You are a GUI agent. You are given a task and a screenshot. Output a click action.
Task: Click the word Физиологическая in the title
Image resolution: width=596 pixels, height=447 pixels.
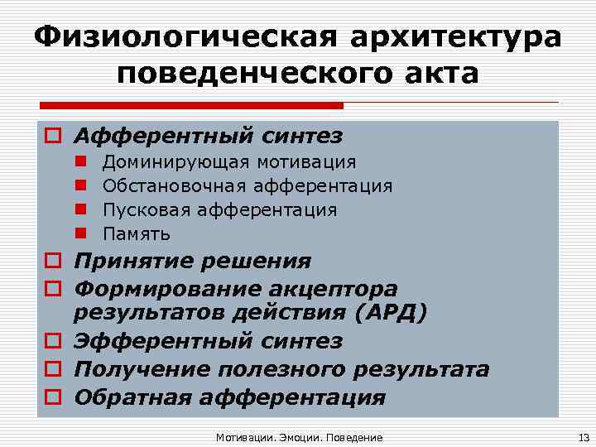[174, 37]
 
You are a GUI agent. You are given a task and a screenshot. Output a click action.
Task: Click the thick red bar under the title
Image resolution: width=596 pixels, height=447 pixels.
[190, 106]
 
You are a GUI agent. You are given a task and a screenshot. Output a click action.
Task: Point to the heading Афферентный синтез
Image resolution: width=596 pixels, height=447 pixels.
[208, 135]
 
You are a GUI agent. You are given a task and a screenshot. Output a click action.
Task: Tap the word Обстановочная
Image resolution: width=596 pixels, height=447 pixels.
[175, 186]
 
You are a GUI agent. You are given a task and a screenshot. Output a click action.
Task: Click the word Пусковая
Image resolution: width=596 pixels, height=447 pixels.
[141, 210]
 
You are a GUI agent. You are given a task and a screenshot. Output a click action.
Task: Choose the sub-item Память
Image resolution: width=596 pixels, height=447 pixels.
[136, 234]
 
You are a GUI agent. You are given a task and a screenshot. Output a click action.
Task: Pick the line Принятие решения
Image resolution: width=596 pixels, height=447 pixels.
[192, 262]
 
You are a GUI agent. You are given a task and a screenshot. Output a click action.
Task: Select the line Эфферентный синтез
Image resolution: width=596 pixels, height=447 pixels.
[208, 341]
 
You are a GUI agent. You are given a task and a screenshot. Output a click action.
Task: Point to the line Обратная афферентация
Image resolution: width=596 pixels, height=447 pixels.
[229, 397]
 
